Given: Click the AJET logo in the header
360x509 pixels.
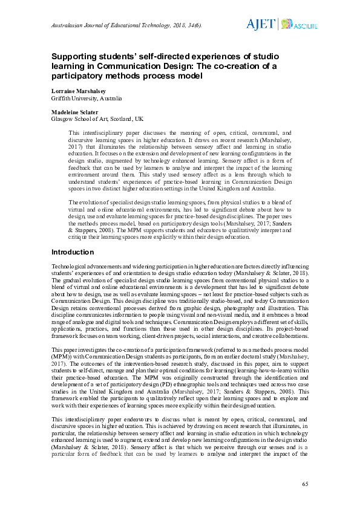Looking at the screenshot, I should coord(260,24).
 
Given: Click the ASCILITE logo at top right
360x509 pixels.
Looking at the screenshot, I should coord(295,24).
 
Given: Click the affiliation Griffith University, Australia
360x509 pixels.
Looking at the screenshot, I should coord(87,98).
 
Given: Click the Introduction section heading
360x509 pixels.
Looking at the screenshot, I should coord(73,251).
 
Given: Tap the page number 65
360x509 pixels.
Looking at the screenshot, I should coord(306,484).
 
